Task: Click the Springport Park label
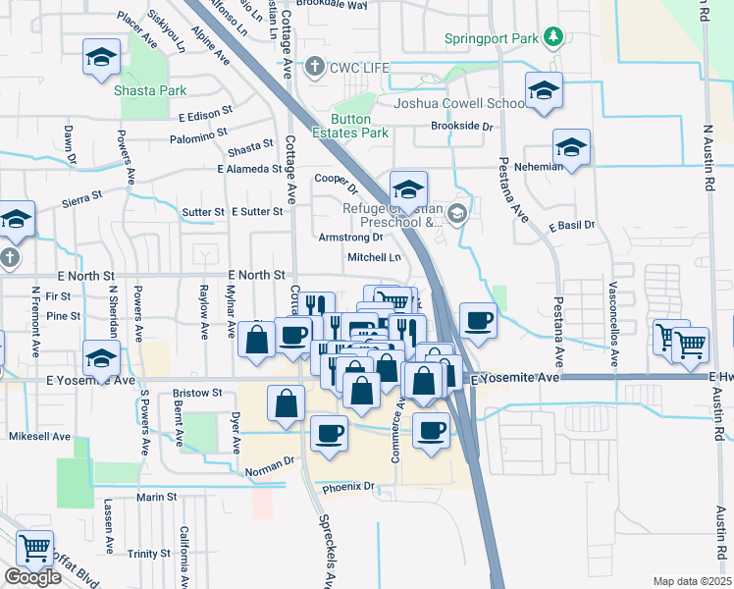pos(493,38)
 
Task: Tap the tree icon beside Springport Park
pos(554,37)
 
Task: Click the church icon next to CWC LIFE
pos(314,67)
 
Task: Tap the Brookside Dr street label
pos(461,126)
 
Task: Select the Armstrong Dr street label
pos(350,237)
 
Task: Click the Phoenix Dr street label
pos(349,486)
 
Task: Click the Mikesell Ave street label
pos(39,436)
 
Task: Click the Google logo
pos(32,577)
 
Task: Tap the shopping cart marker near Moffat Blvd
pos(35,549)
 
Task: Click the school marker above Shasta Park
pos(101,58)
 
